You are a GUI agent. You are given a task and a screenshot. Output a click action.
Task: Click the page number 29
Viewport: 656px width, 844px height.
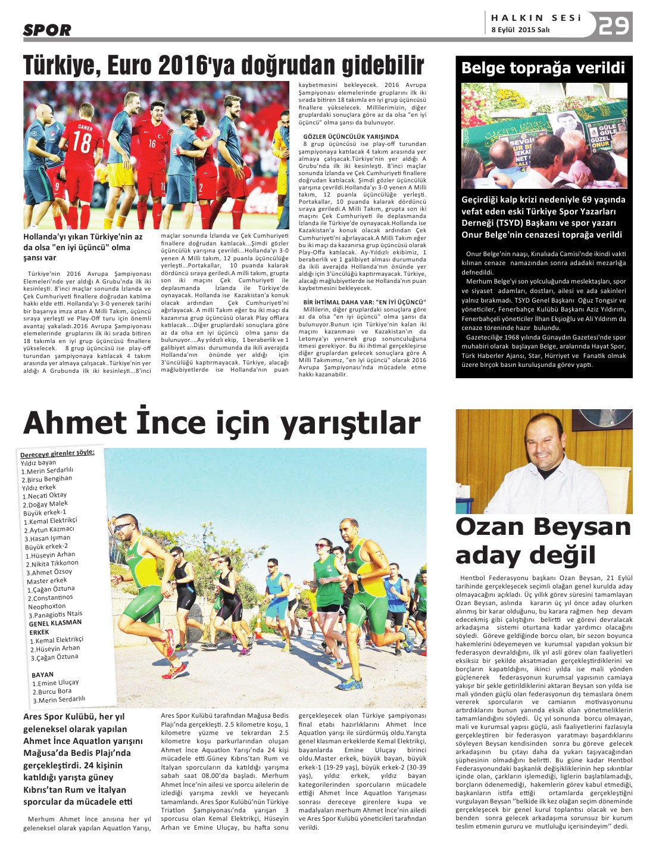coord(614,26)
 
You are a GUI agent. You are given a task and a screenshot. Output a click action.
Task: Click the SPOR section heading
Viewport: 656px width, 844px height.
coord(47,30)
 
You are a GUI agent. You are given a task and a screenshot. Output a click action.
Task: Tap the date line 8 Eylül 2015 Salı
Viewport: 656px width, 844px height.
coord(520,30)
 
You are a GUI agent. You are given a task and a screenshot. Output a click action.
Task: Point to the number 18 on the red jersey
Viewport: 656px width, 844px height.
coord(82,142)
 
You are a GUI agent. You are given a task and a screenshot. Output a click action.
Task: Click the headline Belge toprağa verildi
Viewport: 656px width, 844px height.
coord(543,68)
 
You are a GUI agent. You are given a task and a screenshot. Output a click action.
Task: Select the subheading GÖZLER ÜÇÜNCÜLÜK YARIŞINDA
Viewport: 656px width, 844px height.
coord(351,136)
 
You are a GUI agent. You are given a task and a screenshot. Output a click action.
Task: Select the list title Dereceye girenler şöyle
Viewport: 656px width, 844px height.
coord(57,453)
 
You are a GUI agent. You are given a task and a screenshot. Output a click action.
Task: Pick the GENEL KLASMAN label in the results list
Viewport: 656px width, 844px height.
coord(55,623)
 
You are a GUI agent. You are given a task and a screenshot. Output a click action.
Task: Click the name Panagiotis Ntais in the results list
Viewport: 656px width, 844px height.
coord(58,615)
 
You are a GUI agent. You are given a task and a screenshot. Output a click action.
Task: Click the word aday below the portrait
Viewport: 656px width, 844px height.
coord(488,556)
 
